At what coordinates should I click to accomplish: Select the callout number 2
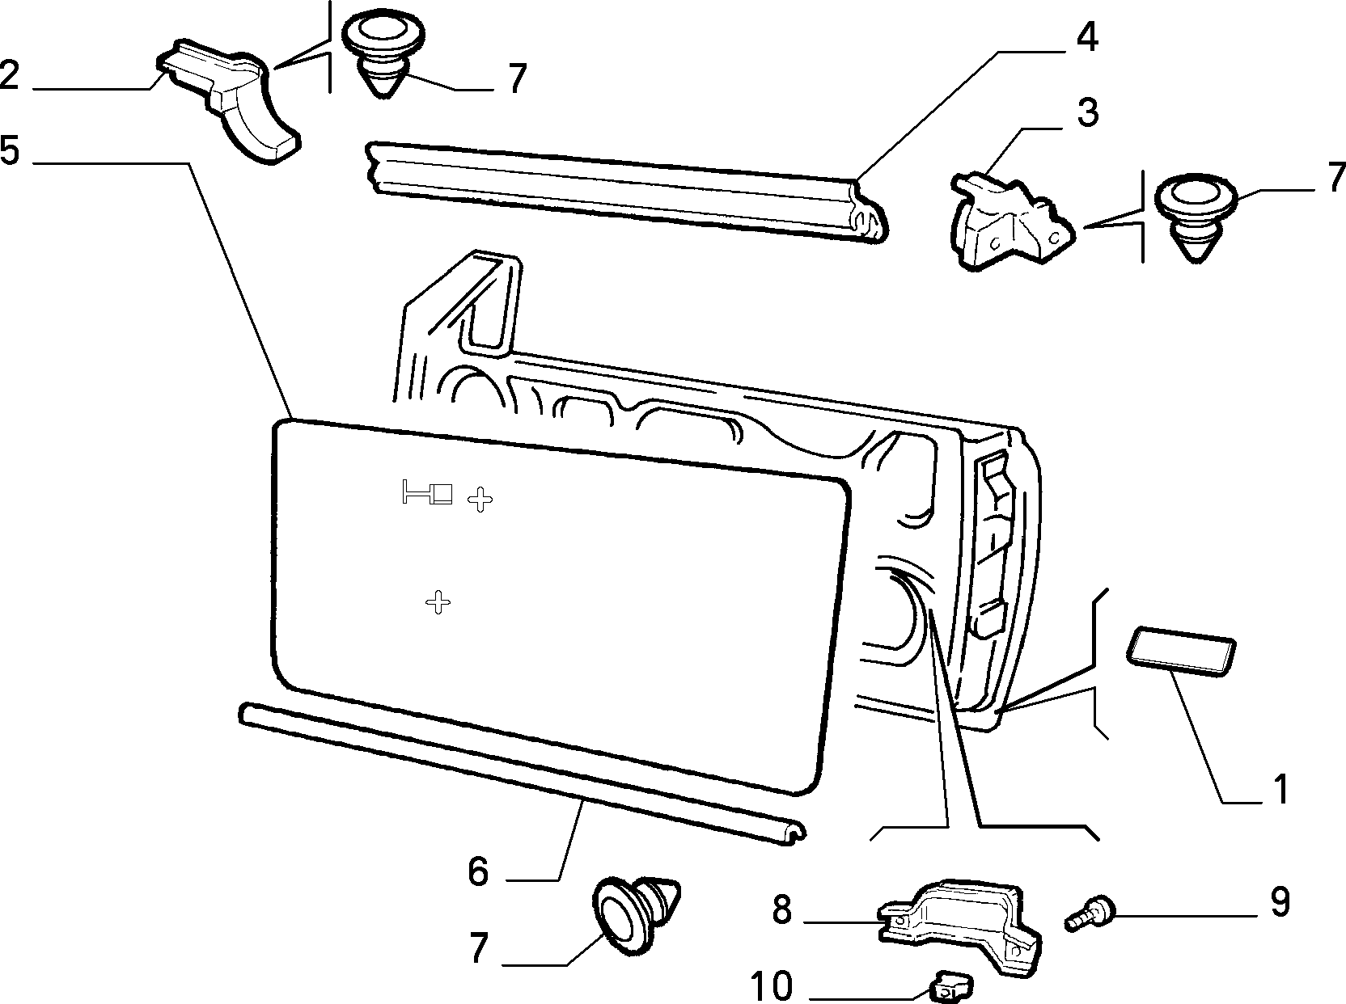[x=11, y=74]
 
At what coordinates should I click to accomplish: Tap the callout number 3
[x=1088, y=112]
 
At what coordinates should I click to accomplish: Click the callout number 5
[x=11, y=150]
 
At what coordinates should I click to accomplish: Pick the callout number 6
[x=478, y=871]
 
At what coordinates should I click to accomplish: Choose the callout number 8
[x=782, y=910]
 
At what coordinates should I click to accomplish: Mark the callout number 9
[x=1280, y=901]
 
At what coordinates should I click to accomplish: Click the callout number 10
[x=772, y=985]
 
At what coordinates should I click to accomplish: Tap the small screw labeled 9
[x=1089, y=919]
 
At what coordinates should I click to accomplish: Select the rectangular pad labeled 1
[x=1181, y=652]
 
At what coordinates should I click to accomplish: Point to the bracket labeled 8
[x=959, y=925]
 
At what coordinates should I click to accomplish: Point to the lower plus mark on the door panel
[x=438, y=602]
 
